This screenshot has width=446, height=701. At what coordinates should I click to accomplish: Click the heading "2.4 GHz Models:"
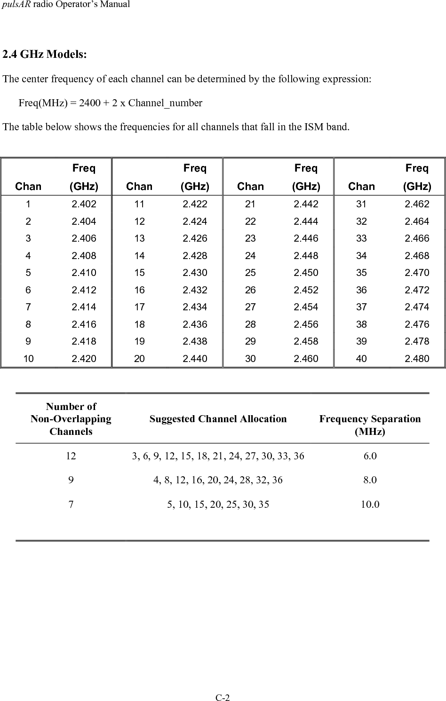pos(44,55)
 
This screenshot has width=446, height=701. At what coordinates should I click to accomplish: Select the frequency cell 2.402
pos(84,204)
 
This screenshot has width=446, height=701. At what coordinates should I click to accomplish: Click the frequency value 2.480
pos(417,359)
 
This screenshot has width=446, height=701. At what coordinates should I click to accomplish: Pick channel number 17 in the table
pos(139,307)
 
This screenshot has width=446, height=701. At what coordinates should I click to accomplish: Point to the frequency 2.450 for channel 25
pos(306,273)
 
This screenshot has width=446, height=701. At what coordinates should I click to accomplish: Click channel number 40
pos(361,359)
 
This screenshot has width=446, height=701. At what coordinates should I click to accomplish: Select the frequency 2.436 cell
pos(195,324)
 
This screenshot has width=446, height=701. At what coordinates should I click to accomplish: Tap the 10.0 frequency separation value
pos(370,505)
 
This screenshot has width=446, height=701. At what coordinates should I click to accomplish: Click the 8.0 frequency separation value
pos(370,480)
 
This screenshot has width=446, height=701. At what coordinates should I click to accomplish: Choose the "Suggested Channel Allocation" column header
pos(218,419)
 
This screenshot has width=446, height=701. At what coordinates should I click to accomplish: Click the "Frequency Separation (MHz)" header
pos(370,425)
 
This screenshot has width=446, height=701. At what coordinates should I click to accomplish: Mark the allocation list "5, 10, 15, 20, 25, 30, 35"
pos(218,505)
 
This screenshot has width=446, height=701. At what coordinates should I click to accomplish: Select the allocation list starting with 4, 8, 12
pos(218,480)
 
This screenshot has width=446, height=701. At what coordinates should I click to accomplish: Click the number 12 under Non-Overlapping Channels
pos(71,456)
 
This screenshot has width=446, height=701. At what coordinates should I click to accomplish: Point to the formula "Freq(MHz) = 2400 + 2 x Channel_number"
pos(111,103)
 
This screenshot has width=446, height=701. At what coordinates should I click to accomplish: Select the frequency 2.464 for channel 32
pos(417,221)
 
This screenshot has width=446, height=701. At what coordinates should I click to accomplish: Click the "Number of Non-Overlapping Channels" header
pos(71,419)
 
